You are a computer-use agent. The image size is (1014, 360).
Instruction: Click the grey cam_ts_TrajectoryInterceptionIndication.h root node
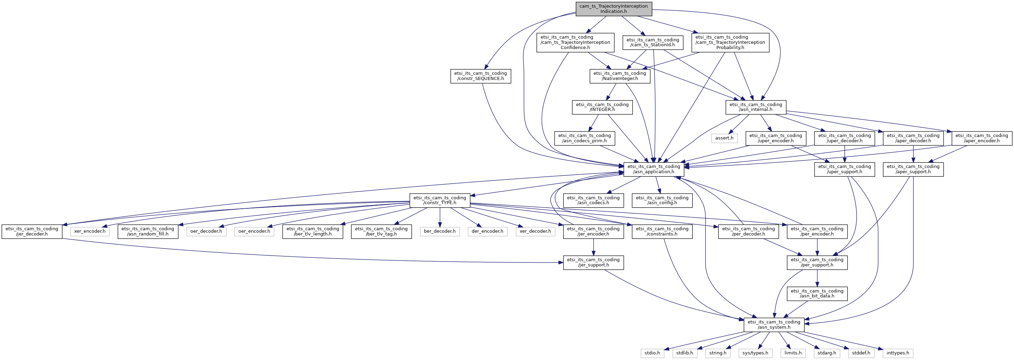click(x=613, y=9)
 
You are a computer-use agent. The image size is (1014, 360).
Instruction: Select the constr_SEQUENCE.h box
click(x=480, y=76)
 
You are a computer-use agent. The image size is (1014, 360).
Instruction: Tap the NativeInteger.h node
click(x=620, y=76)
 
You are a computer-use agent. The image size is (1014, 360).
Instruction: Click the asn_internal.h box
click(x=756, y=107)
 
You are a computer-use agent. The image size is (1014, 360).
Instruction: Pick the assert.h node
click(x=724, y=138)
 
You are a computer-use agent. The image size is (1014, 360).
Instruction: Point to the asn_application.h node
click(x=654, y=169)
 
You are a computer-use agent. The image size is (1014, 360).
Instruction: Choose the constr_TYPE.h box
click(x=440, y=200)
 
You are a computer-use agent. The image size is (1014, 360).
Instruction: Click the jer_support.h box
click(x=593, y=262)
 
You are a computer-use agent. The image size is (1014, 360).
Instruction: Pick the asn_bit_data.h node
click(x=817, y=294)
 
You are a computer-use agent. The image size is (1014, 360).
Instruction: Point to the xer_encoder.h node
click(x=90, y=231)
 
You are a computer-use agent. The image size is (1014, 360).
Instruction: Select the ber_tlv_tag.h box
click(x=382, y=231)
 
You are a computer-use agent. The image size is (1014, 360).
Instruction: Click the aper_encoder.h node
click(x=982, y=138)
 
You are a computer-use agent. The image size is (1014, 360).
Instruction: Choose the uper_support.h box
click(x=845, y=169)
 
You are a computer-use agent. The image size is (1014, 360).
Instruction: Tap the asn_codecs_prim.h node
click(x=584, y=138)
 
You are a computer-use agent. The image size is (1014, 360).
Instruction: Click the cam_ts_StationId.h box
click(x=653, y=42)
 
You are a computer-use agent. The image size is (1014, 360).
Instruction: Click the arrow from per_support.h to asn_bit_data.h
click(x=817, y=278)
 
